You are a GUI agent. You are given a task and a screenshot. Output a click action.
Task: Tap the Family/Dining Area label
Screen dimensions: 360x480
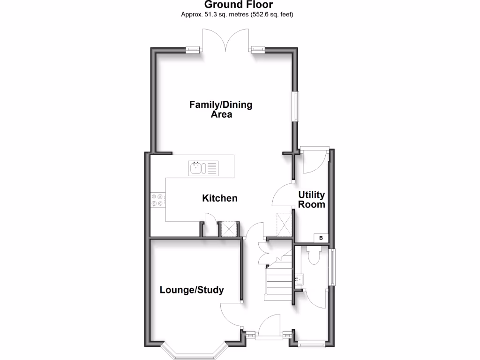[221, 109]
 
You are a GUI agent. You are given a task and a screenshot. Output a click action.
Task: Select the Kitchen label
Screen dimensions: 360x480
[219, 198]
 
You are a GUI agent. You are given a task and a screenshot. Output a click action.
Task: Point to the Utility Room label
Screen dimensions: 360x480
[312, 200]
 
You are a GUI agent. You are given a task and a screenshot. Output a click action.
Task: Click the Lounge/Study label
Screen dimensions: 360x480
[192, 290]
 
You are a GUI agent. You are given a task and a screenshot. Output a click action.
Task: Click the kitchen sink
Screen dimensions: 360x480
[203, 168]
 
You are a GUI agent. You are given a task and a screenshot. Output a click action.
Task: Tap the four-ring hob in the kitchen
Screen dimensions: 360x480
[157, 200]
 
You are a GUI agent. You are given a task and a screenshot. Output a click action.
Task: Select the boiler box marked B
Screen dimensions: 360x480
[321, 238]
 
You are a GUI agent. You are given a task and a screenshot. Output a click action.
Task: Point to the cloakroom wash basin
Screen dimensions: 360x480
[300, 280]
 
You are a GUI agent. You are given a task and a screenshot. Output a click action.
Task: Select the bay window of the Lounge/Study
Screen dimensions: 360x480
[194, 352]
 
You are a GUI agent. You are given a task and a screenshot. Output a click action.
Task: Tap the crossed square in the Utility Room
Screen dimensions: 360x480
[284, 224]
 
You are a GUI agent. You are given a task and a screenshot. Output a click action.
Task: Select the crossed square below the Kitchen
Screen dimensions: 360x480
[229, 229]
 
